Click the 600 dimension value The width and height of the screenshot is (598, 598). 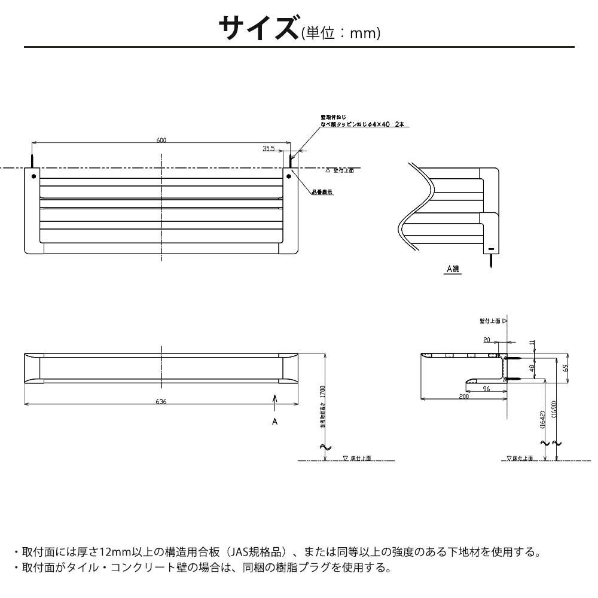click(x=161, y=140)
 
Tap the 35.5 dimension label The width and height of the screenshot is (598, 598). click(x=268, y=149)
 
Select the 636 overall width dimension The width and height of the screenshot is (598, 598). click(x=161, y=401)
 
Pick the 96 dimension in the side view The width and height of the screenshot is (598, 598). click(x=486, y=388)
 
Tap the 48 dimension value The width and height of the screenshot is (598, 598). click(x=531, y=368)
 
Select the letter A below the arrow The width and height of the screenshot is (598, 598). click(x=274, y=422)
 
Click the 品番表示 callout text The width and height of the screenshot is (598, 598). click(x=322, y=193)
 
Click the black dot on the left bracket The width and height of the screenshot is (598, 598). click(x=33, y=176)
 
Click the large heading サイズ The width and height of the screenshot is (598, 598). click(x=258, y=28)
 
